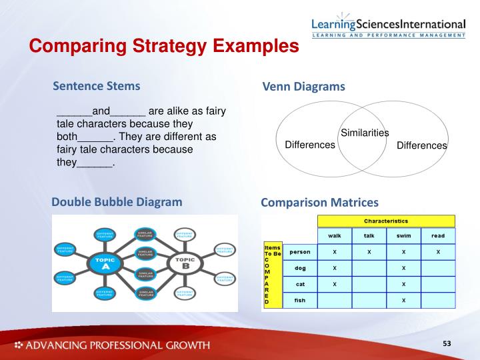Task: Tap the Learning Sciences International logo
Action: coord(388,26)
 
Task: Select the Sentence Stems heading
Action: coord(97,85)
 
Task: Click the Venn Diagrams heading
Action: coord(303,87)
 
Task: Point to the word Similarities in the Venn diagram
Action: coord(365,133)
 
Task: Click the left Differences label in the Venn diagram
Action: coord(310,145)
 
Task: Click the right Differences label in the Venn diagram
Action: coord(422,145)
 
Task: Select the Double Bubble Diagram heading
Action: coord(117,201)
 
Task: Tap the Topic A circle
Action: coord(105,263)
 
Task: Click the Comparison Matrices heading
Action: coord(319,202)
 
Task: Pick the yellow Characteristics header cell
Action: coord(386,221)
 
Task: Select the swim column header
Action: coord(403,236)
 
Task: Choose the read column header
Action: coord(438,236)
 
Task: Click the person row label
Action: coord(299,252)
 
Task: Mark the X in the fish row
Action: coord(403,301)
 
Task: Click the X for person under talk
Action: coord(369,252)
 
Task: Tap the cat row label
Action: coord(299,284)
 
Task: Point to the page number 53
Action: coord(447,343)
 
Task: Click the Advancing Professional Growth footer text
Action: coord(111,345)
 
